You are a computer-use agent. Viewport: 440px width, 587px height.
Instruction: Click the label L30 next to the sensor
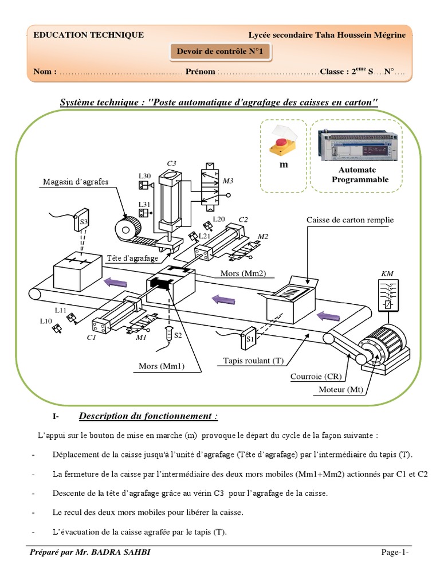tap(144, 175)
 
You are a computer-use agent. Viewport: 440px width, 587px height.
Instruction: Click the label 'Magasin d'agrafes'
tap(76, 182)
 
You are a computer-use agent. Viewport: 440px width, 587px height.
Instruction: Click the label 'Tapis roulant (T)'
tap(253, 361)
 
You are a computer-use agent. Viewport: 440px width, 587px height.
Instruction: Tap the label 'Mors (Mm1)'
tap(161, 366)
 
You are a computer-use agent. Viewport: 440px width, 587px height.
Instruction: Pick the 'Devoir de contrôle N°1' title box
tap(220, 53)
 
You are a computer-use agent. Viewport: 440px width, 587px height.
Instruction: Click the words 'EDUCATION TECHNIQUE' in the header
tap(89, 35)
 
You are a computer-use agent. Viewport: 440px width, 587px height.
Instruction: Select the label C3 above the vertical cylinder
tap(171, 163)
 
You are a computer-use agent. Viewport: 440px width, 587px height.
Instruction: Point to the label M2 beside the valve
tap(263, 236)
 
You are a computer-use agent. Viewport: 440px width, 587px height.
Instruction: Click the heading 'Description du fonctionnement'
tap(148, 416)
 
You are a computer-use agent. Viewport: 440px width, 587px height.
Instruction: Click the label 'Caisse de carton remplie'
tap(350, 220)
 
